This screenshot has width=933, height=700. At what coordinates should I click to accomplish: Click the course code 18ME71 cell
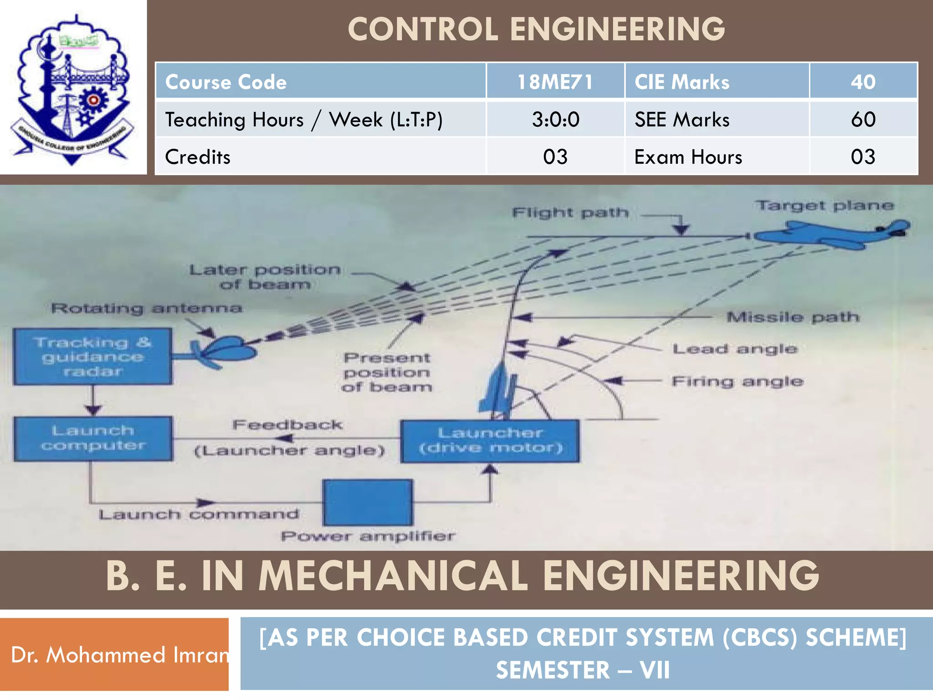pyautogui.click(x=555, y=82)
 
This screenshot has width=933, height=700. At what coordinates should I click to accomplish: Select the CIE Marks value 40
pyautogui.click(x=863, y=82)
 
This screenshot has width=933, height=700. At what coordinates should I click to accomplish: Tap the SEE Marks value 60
pyautogui.click(x=863, y=119)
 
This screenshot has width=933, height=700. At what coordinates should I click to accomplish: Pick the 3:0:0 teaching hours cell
pyautogui.click(x=555, y=119)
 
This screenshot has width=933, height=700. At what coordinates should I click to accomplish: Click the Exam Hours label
pyautogui.click(x=688, y=157)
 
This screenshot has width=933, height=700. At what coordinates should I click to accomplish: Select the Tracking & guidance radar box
pyautogui.click(x=92, y=357)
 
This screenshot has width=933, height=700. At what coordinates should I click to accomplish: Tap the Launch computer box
pyautogui.click(x=93, y=438)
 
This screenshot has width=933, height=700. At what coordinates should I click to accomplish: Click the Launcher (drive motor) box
pyautogui.click(x=490, y=441)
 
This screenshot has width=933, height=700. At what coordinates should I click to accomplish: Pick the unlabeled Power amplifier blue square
pyautogui.click(x=368, y=502)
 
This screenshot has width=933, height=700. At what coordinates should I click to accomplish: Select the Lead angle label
pyautogui.click(x=735, y=349)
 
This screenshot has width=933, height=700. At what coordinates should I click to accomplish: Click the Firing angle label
pyautogui.click(x=737, y=381)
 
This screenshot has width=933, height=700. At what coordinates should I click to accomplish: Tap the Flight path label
pyautogui.click(x=570, y=213)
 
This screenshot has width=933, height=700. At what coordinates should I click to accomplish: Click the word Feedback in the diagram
pyautogui.click(x=287, y=425)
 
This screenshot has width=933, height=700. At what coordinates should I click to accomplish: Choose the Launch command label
pyautogui.click(x=199, y=515)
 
